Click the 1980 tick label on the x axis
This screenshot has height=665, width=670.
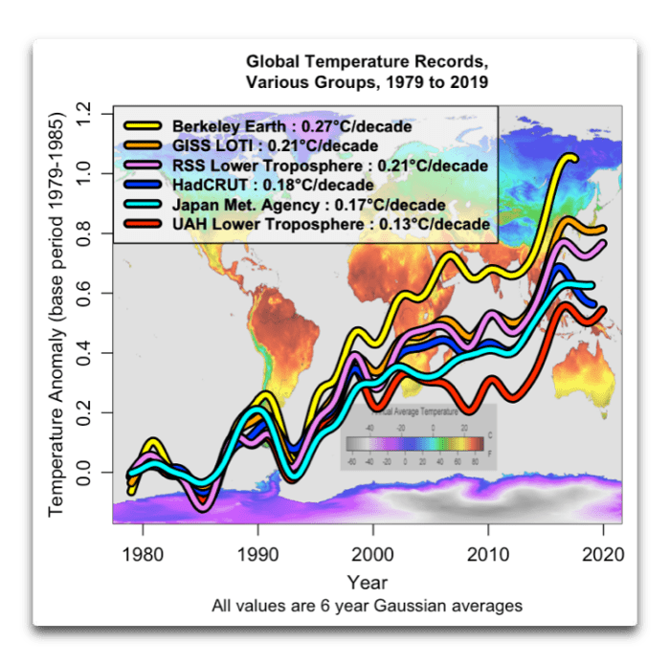pyautogui.click(x=143, y=553)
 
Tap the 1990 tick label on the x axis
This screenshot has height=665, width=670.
pyautogui.click(x=257, y=553)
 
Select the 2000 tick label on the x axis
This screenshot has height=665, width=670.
pyautogui.click(x=372, y=553)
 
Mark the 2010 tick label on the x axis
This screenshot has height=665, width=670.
pyautogui.click(x=488, y=553)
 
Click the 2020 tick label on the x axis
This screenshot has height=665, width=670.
pyautogui.click(x=603, y=553)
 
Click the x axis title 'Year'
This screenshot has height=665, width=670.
pyautogui.click(x=368, y=582)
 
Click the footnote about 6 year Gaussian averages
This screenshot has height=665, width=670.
pyautogui.click(x=368, y=605)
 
